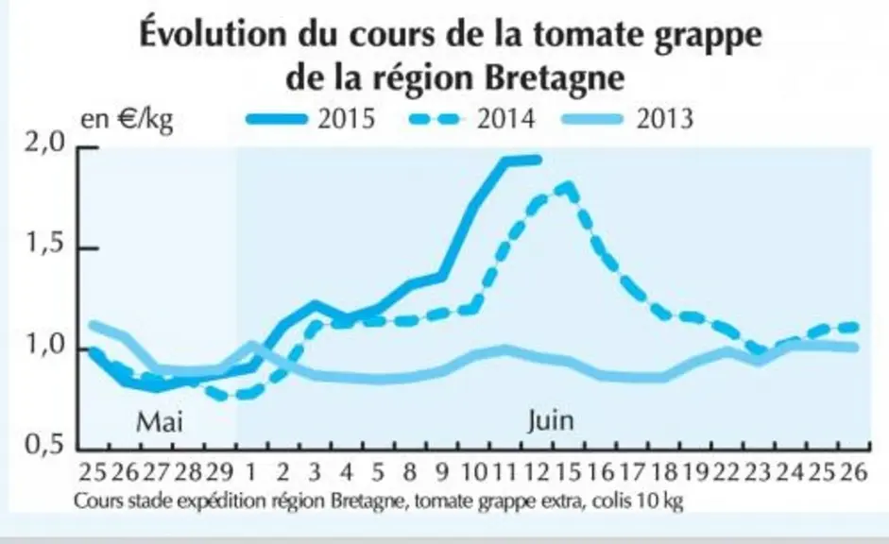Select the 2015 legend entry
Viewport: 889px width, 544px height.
pyautogui.click(x=311, y=119)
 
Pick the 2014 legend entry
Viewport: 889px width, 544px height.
pyautogui.click(x=471, y=119)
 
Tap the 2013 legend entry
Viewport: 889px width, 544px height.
pyautogui.click(x=627, y=119)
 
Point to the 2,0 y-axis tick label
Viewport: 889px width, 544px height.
pyautogui.click(x=44, y=143)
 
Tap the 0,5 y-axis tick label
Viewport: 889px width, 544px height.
pyautogui.click(x=45, y=446)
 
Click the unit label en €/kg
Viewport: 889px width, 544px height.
pyautogui.click(x=127, y=120)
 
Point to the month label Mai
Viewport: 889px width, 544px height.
pyautogui.click(x=161, y=423)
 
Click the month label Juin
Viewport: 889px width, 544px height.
pyautogui.click(x=551, y=420)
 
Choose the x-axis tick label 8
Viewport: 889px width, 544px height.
pyautogui.click(x=410, y=472)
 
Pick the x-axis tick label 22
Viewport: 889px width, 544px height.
pyautogui.click(x=727, y=472)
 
